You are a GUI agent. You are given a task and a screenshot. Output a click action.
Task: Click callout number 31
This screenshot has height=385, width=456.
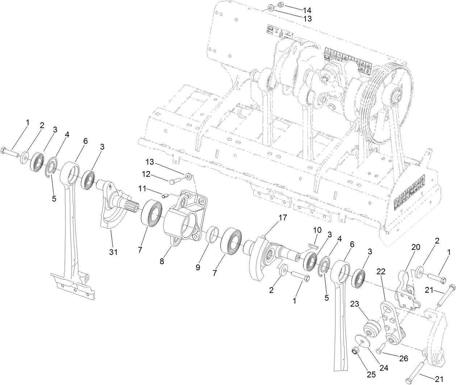[x=113, y=252]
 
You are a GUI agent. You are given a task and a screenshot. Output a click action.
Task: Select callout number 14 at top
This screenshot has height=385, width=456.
[x=307, y=10]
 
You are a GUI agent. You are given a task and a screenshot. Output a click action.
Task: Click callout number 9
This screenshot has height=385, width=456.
[x=198, y=267]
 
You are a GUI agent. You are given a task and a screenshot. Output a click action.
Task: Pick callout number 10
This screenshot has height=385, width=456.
[x=317, y=230]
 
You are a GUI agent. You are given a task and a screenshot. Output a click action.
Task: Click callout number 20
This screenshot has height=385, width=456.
[x=415, y=247]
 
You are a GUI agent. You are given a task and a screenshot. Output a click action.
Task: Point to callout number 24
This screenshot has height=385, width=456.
[x=384, y=368]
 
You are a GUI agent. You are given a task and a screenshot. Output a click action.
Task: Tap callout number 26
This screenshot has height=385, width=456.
[x=403, y=359]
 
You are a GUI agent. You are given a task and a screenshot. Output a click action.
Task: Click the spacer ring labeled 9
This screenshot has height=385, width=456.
[x=212, y=234]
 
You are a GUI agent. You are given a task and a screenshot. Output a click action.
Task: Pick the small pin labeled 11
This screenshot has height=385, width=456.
[x=165, y=196]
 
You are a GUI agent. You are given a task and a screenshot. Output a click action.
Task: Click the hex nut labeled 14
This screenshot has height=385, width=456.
[x=280, y=5]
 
